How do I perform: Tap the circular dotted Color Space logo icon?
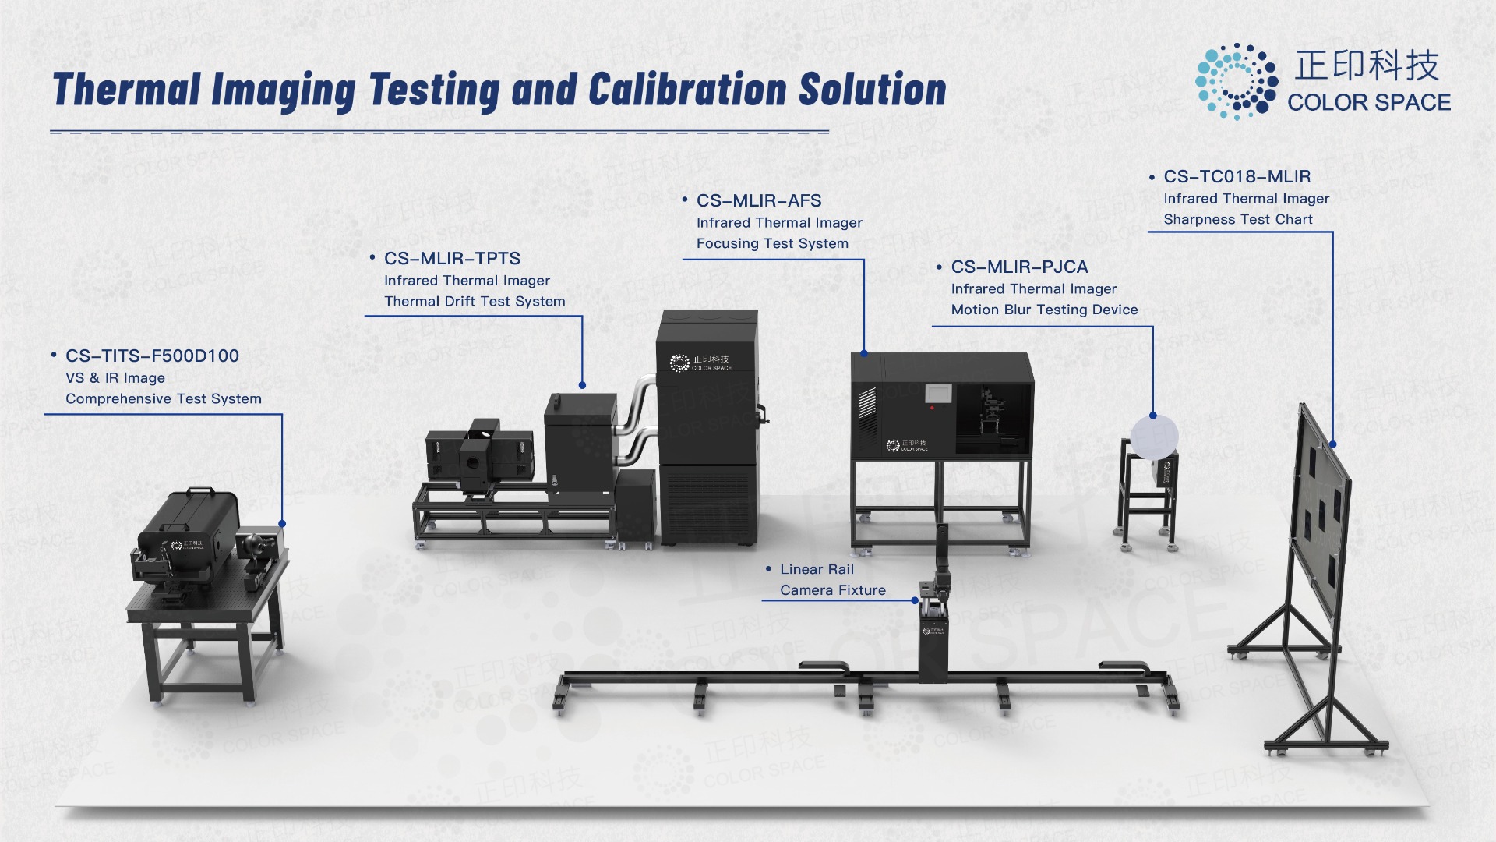1237,81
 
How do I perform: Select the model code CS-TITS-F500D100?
152,356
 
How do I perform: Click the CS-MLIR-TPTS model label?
452,259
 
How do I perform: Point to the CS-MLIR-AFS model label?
759,201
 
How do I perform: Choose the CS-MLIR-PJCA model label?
1019,267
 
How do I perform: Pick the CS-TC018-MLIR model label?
1237,177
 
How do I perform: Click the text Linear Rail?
817,570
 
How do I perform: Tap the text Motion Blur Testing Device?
1044,310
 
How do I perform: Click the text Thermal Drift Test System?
475,302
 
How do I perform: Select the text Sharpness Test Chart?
1238,220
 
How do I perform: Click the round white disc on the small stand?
1154,437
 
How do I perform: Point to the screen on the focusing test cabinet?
940,393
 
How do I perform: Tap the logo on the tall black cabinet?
700,363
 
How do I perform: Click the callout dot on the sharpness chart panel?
1333,444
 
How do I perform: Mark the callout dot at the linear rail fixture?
916,601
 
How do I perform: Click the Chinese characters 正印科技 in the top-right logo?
1367,65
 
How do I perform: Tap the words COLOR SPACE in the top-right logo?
1369,102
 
